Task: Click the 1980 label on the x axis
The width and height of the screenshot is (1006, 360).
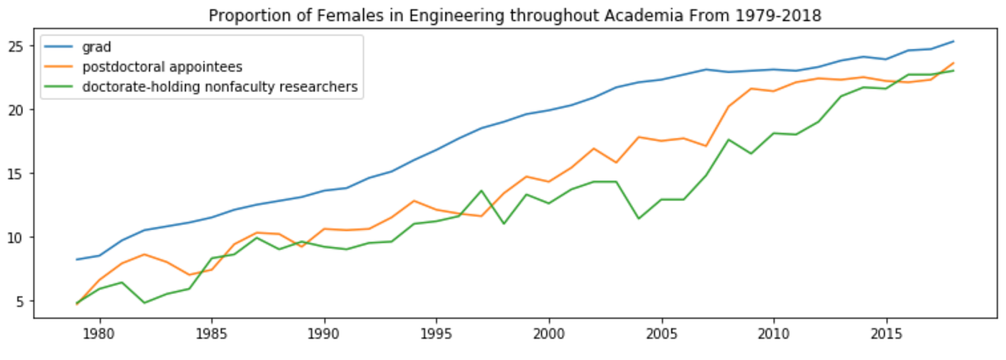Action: (x=100, y=335)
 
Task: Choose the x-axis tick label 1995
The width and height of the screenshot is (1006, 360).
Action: (x=437, y=335)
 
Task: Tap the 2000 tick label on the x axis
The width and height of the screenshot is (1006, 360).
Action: (x=549, y=335)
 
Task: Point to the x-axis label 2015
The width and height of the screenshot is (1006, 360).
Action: (x=886, y=335)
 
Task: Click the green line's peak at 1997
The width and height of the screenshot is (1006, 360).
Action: (x=481, y=191)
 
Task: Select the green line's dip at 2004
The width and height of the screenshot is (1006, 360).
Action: (x=639, y=218)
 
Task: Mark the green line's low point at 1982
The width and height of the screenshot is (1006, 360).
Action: (x=144, y=303)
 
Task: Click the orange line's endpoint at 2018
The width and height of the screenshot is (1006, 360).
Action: (x=954, y=63)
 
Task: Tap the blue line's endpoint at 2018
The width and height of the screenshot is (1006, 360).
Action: (x=954, y=41)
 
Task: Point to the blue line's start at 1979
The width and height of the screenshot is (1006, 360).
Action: (x=77, y=259)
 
